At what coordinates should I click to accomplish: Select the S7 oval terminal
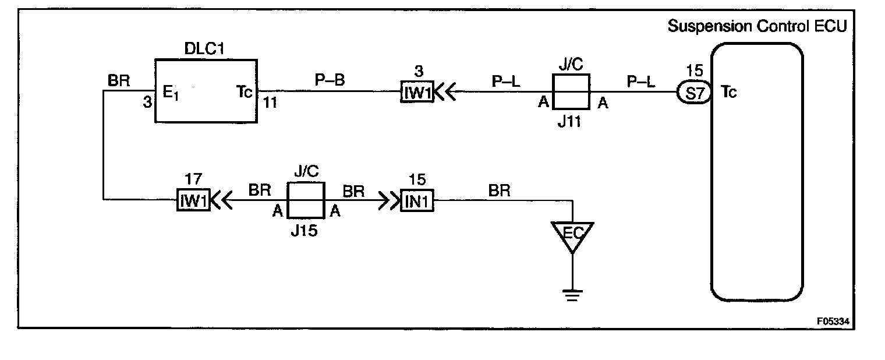(693, 92)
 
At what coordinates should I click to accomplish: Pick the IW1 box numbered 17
(193, 201)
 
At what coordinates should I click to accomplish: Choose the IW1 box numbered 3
(417, 92)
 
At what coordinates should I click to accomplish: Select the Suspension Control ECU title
(757, 26)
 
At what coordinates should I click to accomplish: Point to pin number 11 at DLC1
(271, 103)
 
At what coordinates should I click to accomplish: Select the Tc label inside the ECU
(729, 91)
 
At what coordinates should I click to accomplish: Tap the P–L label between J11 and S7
(640, 81)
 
